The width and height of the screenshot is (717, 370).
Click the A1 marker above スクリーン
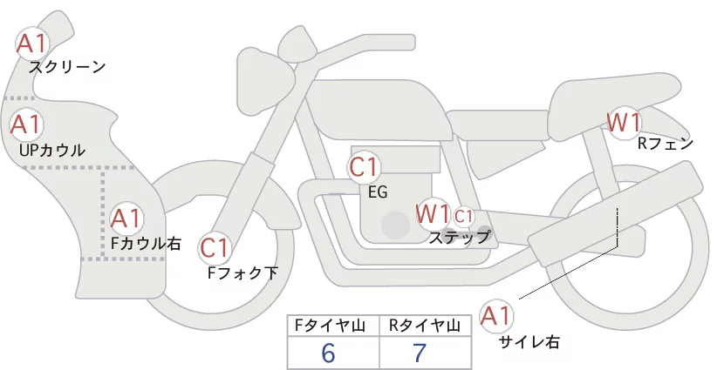tap(32, 44)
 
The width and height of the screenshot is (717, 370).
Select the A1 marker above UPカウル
tap(26, 125)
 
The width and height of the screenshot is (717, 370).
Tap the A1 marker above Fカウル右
tap(126, 219)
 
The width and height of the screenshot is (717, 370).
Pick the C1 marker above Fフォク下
tap(215, 249)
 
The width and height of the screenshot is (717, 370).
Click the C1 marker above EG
tap(364, 167)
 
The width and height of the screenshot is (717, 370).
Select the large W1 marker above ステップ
tap(432, 214)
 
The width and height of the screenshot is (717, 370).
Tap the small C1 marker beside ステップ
tap(463, 216)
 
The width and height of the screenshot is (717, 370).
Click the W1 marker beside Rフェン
tap(624, 122)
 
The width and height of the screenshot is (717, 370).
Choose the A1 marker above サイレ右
tap(496, 316)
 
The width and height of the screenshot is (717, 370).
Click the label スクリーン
tap(67, 68)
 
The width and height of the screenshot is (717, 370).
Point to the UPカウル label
tap(52, 150)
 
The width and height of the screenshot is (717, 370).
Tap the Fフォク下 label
tap(242, 272)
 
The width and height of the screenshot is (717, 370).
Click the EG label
tap(378, 192)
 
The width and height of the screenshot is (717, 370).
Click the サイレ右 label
tap(529, 342)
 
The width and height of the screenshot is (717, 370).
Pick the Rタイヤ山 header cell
tap(426, 326)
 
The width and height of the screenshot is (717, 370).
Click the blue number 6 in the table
tap(328, 353)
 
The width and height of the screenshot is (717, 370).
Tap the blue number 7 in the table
tap(420, 353)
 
